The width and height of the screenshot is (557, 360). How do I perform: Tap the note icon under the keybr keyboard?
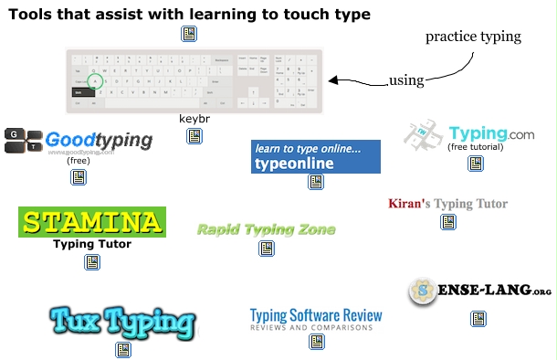pyautogui.click(x=194, y=136)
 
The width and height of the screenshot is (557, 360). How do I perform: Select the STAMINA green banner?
pyautogui.click(x=91, y=222)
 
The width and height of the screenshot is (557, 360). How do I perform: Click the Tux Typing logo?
pyautogui.click(x=122, y=321)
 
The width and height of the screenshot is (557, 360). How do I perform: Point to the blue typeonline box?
pyautogui.click(x=315, y=156)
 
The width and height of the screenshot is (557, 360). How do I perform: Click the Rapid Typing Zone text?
pyautogui.click(x=267, y=229)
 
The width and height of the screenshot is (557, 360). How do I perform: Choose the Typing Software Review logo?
pyautogui.click(x=316, y=319)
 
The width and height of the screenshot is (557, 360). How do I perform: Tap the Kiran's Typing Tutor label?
pyautogui.click(x=447, y=203)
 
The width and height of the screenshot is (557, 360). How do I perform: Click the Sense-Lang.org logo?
pyautogui.click(x=479, y=291)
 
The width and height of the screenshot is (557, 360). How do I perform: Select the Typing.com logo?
pyautogui.click(x=469, y=134)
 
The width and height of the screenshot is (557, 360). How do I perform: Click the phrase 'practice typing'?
pyautogui.click(x=473, y=37)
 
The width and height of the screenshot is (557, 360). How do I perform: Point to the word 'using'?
pyautogui.click(x=406, y=79)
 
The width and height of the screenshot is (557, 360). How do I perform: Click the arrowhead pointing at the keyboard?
pyautogui.click(x=334, y=80)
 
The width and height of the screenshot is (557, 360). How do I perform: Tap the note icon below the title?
pyautogui.click(x=189, y=35)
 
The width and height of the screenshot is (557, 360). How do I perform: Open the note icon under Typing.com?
pyautogui.click(x=476, y=163)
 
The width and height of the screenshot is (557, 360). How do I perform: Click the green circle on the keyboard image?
pyautogui.click(x=97, y=80)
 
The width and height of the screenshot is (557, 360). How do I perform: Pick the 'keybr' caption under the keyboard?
pyautogui.click(x=194, y=119)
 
